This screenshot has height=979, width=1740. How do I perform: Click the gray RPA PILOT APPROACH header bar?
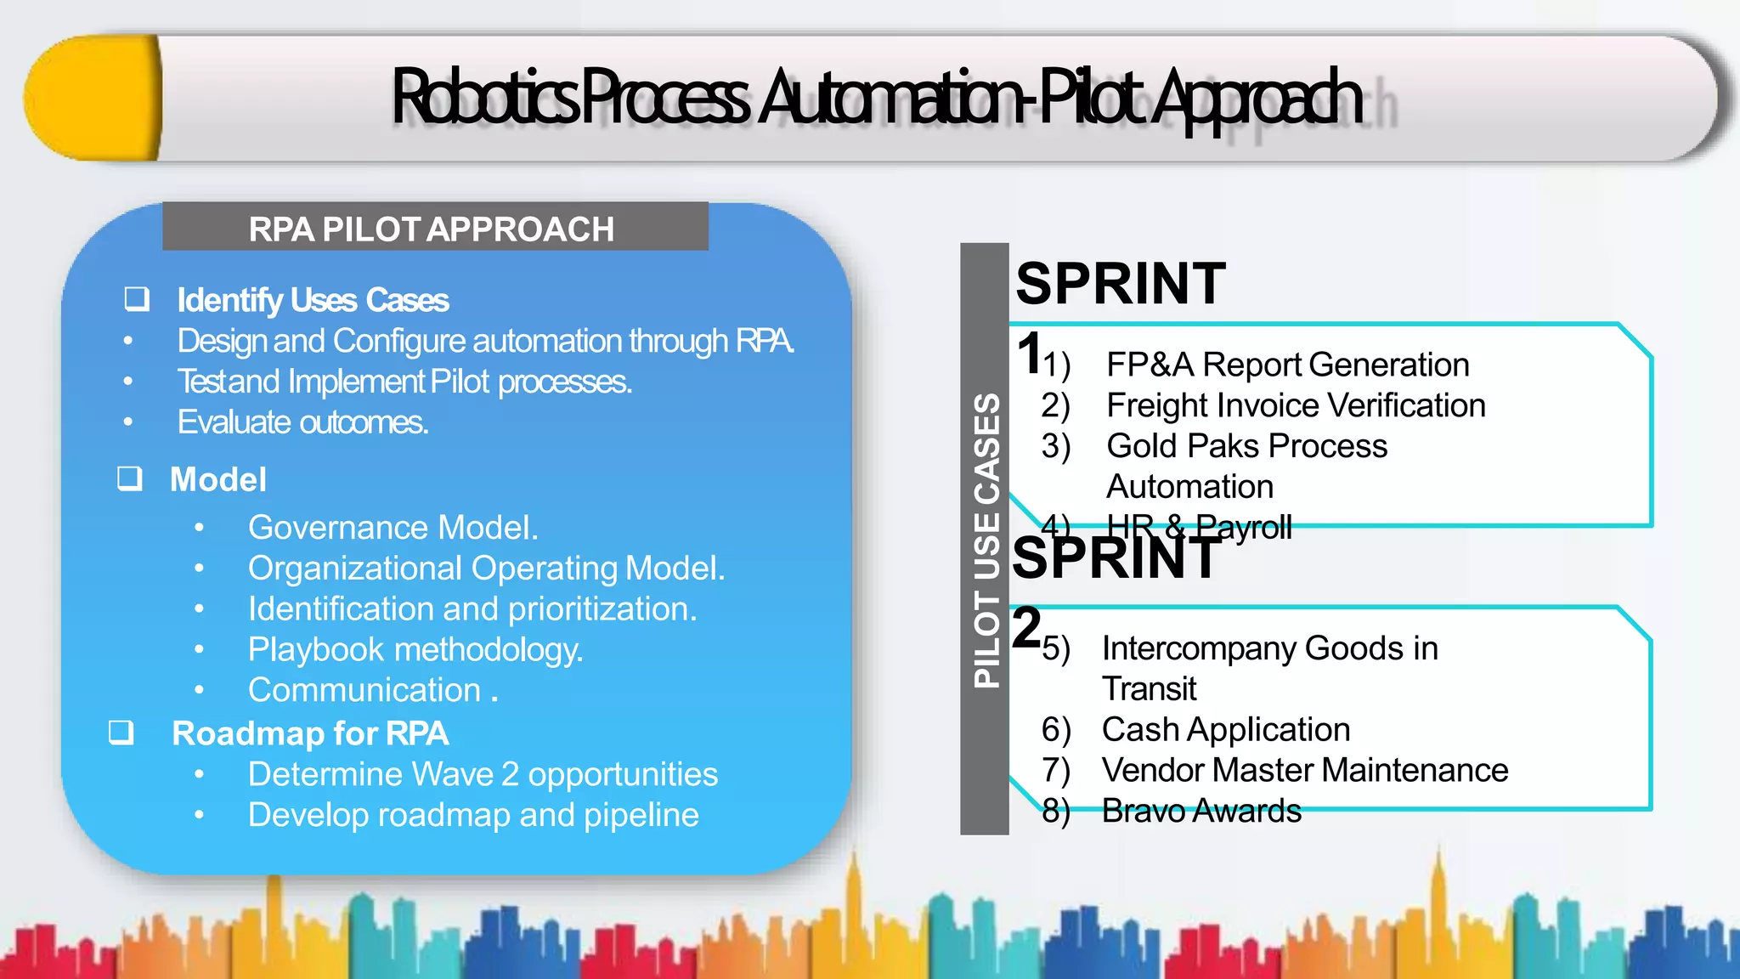click(x=435, y=228)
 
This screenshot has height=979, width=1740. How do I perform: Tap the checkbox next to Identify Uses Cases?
click(x=137, y=298)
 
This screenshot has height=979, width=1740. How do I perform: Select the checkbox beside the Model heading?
click(x=129, y=478)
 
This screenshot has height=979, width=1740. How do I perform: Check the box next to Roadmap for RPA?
click(x=121, y=732)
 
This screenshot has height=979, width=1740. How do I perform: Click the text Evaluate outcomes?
click(x=302, y=422)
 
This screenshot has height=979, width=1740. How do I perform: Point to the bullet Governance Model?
click(x=393, y=528)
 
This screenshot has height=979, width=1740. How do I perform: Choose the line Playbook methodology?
click(x=415, y=650)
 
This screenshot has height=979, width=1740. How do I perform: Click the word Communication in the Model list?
click(x=364, y=690)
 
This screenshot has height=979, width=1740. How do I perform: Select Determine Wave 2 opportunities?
click(x=483, y=774)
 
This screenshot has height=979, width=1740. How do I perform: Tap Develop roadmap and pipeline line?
click(x=473, y=815)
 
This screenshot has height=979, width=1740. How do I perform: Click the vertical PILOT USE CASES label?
click(x=986, y=540)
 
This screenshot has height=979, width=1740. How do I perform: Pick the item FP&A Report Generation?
click(x=1286, y=365)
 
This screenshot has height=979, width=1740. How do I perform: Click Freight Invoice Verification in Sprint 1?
click(x=1295, y=405)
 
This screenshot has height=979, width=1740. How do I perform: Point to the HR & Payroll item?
click(x=1198, y=528)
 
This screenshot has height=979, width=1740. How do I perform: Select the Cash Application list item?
click(x=1225, y=730)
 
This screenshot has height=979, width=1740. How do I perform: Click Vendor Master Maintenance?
click(x=1304, y=771)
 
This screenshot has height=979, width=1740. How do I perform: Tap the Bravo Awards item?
click(x=1200, y=812)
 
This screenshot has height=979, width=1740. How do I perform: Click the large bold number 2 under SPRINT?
click(x=1027, y=627)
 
